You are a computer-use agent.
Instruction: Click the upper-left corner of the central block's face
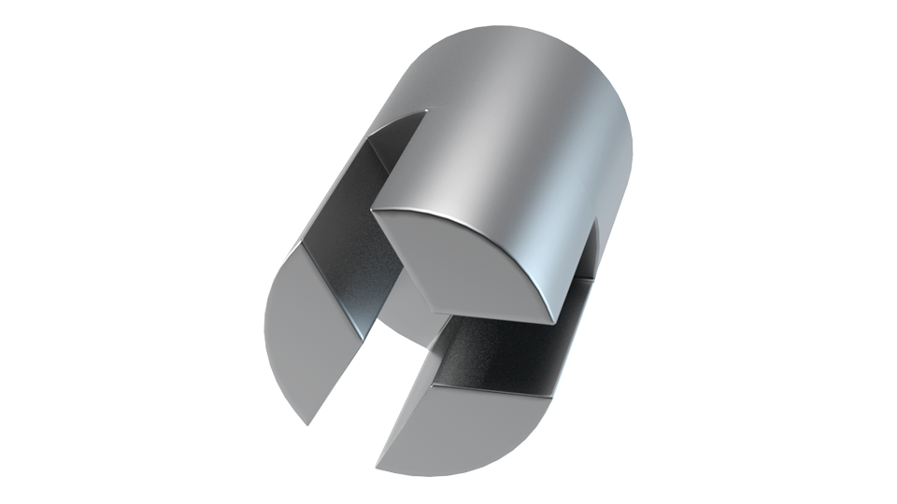pyautogui.click(x=373, y=210)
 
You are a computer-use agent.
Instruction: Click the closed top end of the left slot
pyautogui.click(x=420, y=114)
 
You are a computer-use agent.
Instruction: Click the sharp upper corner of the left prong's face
pyautogui.click(x=301, y=246)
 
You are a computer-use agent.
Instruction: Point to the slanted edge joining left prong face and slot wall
pyautogui.click(x=333, y=289)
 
